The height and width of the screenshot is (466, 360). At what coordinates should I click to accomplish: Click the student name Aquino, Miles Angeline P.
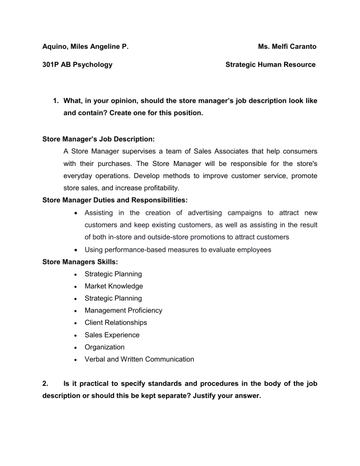point(86,47)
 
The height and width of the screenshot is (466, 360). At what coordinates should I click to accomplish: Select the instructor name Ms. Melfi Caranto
point(287,47)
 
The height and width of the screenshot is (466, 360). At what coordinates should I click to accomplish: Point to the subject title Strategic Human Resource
point(270,65)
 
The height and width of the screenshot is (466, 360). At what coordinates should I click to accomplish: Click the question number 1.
point(55,101)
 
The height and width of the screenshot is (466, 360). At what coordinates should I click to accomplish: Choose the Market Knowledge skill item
point(113,286)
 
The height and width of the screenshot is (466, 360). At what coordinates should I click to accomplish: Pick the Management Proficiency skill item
point(123,310)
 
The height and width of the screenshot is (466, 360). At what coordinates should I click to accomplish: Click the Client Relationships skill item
point(116,323)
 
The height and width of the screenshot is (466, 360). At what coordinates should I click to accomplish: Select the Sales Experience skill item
point(112,335)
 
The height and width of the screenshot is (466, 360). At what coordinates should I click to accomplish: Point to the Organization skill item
point(105,347)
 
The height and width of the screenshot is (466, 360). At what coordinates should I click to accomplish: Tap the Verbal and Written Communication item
point(139,359)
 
